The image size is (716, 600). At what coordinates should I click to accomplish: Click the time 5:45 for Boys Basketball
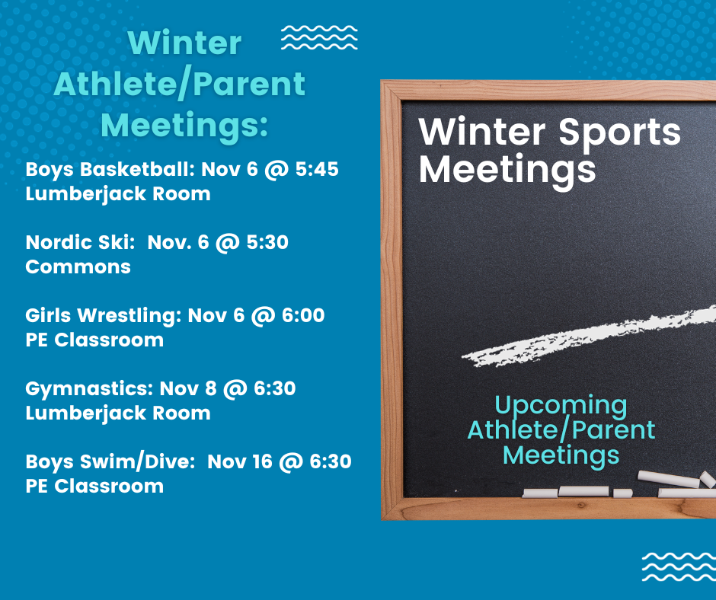click(x=317, y=169)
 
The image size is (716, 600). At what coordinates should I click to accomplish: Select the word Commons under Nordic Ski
click(x=78, y=267)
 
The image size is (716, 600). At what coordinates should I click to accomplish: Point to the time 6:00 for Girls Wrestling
click(x=303, y=315)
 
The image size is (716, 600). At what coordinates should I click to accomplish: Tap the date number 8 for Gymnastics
click(x=210, y=388)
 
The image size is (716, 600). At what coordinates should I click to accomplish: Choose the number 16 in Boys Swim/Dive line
click(x=263, y=461)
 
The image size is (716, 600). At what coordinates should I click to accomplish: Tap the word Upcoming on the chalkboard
click(x=561, y=407)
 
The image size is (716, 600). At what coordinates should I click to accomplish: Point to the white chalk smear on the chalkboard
click(x=589, y=337)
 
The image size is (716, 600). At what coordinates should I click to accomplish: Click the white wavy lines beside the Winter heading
click(x=319, y=37)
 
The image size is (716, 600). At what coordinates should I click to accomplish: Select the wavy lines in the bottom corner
click(x=679, y=566)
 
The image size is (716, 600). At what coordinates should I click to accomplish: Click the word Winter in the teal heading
click(x=184, y=43)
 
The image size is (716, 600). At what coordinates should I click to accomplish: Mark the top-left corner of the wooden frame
click(x=382, y=81)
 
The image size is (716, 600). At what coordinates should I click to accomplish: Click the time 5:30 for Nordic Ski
click(x=267, y=242)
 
